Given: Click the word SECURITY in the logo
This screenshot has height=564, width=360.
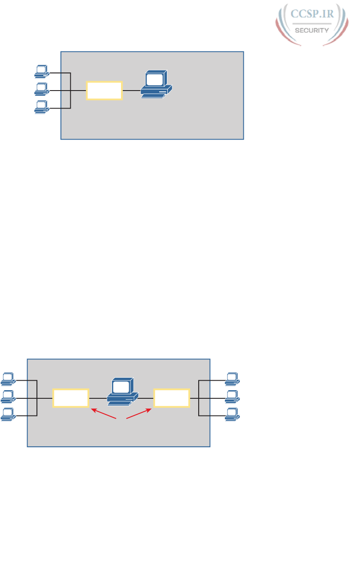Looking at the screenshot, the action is point(311,30).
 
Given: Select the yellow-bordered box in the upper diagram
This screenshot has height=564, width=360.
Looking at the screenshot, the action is point(104,90).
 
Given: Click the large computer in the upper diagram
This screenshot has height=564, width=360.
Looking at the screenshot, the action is point(156,85).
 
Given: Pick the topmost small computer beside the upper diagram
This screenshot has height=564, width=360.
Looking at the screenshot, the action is point(42,72).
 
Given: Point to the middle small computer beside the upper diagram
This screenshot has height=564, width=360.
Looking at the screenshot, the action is point(42,89).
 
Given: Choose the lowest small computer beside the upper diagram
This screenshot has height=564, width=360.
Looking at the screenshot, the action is point(42,106).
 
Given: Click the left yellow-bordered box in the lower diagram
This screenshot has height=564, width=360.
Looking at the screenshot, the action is point(71,398).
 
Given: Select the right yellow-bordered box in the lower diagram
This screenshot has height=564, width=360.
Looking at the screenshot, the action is point(172,398).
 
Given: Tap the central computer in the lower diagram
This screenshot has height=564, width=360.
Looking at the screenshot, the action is point(122,391).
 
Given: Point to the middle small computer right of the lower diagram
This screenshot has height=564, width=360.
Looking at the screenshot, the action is point(233,397).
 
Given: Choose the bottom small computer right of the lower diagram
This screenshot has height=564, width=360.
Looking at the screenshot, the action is point(233,414).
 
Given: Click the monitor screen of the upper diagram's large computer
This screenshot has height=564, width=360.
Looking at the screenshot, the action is point(154,80).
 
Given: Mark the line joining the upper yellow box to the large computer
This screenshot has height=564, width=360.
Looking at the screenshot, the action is point(131,91).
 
